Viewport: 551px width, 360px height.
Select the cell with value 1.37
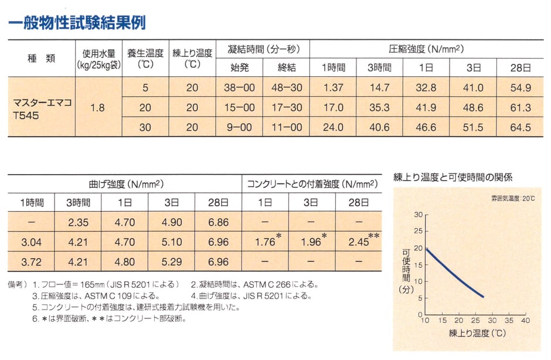click(333, 88)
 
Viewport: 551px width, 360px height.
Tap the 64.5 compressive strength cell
click(520, 127)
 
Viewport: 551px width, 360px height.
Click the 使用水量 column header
click(98, 59)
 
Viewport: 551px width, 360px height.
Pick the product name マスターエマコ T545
click(42, 107)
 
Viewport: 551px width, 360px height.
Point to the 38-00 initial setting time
click(239, 88)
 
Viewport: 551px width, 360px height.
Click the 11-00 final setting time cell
click(286, 127)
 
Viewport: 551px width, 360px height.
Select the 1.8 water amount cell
click(98, 107)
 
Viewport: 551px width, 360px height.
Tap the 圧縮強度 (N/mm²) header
click(426, 49)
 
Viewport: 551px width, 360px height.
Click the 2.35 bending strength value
click(77, 223)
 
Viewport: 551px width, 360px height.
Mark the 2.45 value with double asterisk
click(357, 242)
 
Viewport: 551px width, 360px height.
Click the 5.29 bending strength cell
click(171, 261)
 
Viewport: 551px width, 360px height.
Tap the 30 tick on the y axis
click(419, 215)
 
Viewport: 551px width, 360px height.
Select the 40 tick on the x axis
click(525, 321)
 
